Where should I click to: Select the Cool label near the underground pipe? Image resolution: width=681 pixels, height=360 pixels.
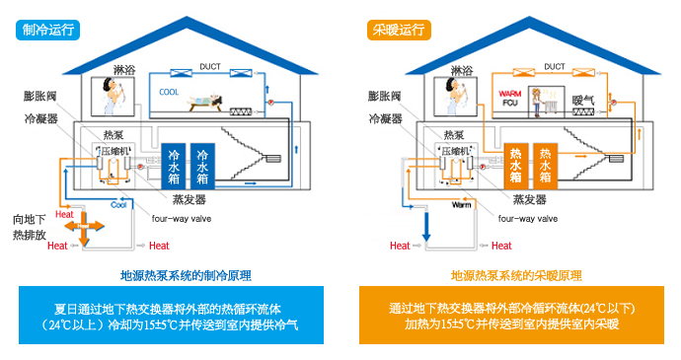pyautogui.click(x=119, y=205)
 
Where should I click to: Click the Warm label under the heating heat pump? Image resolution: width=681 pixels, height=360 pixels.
pyautogui.click(x=462, y=206)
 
